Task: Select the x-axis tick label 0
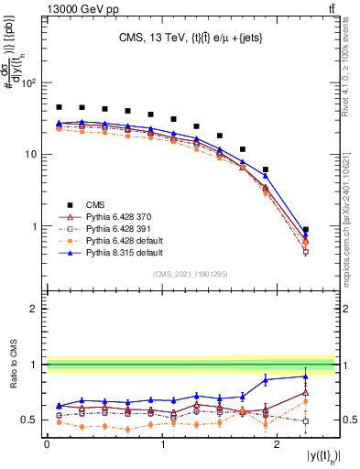click(47, 444)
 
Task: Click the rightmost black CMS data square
click(306, 230)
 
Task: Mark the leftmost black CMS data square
click(60, 107)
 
